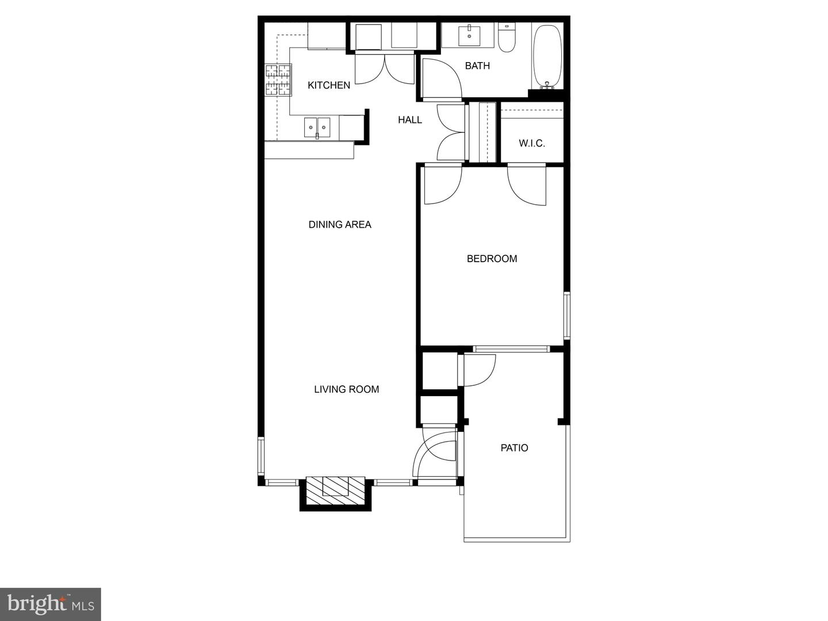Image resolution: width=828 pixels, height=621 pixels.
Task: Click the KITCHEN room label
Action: point(329,85)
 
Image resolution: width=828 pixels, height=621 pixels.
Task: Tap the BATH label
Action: point(477,66)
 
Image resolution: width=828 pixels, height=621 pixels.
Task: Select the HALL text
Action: point(409,120)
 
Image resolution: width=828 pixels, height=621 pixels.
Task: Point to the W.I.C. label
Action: point(532,143)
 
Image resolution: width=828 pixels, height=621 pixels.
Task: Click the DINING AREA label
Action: point(340,225)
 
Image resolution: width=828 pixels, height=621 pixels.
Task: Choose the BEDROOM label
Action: point(492,259)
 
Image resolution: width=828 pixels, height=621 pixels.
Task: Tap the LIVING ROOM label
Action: point(347,389)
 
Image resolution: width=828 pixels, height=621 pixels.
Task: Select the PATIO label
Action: point(514,448)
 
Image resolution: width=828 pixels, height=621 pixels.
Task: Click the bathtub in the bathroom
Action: point(547,56)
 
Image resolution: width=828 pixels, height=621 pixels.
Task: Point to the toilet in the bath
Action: point(506,38)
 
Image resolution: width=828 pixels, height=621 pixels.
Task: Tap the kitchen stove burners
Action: point(278,80)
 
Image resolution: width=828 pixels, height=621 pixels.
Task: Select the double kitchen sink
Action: point(317,128)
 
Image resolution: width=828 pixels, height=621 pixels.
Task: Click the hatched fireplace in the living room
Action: point(335,490)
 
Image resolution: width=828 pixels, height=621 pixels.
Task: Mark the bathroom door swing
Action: point(442,78)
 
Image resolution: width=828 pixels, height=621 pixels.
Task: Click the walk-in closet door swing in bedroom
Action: point(527,185)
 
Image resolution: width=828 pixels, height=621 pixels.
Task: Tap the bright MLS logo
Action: point(51,604)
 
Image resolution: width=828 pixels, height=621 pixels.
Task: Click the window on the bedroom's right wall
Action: point(566,315)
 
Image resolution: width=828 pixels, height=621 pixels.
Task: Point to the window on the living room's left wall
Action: point(261,455)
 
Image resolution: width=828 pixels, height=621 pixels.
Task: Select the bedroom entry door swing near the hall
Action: point(443,185)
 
